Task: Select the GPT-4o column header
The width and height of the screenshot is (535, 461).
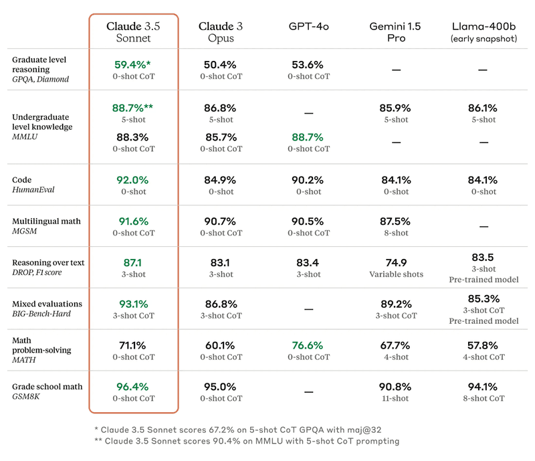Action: coord(309,26)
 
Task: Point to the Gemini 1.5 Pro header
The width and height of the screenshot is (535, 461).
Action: coord(396,32)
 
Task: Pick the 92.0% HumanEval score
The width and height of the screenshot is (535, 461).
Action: coord(131,180)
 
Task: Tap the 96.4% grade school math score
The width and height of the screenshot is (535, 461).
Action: coord(131,387)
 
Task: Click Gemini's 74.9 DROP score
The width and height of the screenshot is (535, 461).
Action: coord(396,263)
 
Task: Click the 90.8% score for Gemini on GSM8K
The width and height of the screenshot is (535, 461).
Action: coord(396,387)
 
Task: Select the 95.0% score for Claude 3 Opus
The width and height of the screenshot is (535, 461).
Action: coord(220,387)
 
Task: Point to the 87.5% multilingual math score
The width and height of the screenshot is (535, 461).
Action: coord(396,221)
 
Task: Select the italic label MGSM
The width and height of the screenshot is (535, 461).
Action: coord(25,231)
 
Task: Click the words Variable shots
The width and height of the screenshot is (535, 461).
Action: coord(396,274)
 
